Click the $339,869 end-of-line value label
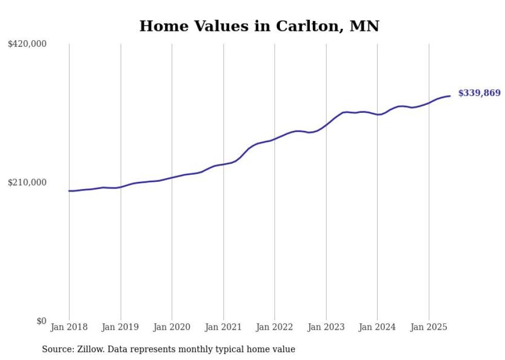pyautogui.click(x=479, y=93)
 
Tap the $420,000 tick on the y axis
pyautogui.click(x=27, y=44)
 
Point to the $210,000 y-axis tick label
pyautogui.click(x=27, y=182)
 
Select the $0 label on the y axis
pyautogui.click(x=41, y=321)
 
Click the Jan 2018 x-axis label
pyautogui.click(x=69, y=327)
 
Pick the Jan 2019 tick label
pyautogui.click(x=121, y=327)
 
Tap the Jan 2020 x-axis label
pyautogui.click(x=172, y=327)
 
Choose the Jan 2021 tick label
pyautogui.click(x=223, y=327)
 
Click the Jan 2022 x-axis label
pyautogui.click(x=275, y=327)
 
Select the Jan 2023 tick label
pyautogui.click(x=326, y=327)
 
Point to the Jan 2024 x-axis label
pyautogui.click(x=377, y=327)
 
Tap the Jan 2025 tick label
pyautogui.click(x=429, y=327)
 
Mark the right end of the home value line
pyautogui.click(x=450, y=96)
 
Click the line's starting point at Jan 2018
pyautogui.click(x=69, y=191)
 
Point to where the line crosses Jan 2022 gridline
pyautogui.click(x=275, y=139)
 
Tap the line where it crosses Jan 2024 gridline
pyautogui.click(x=377, y=114)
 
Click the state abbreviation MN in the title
pyautogui.click(x=364, y=26)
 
